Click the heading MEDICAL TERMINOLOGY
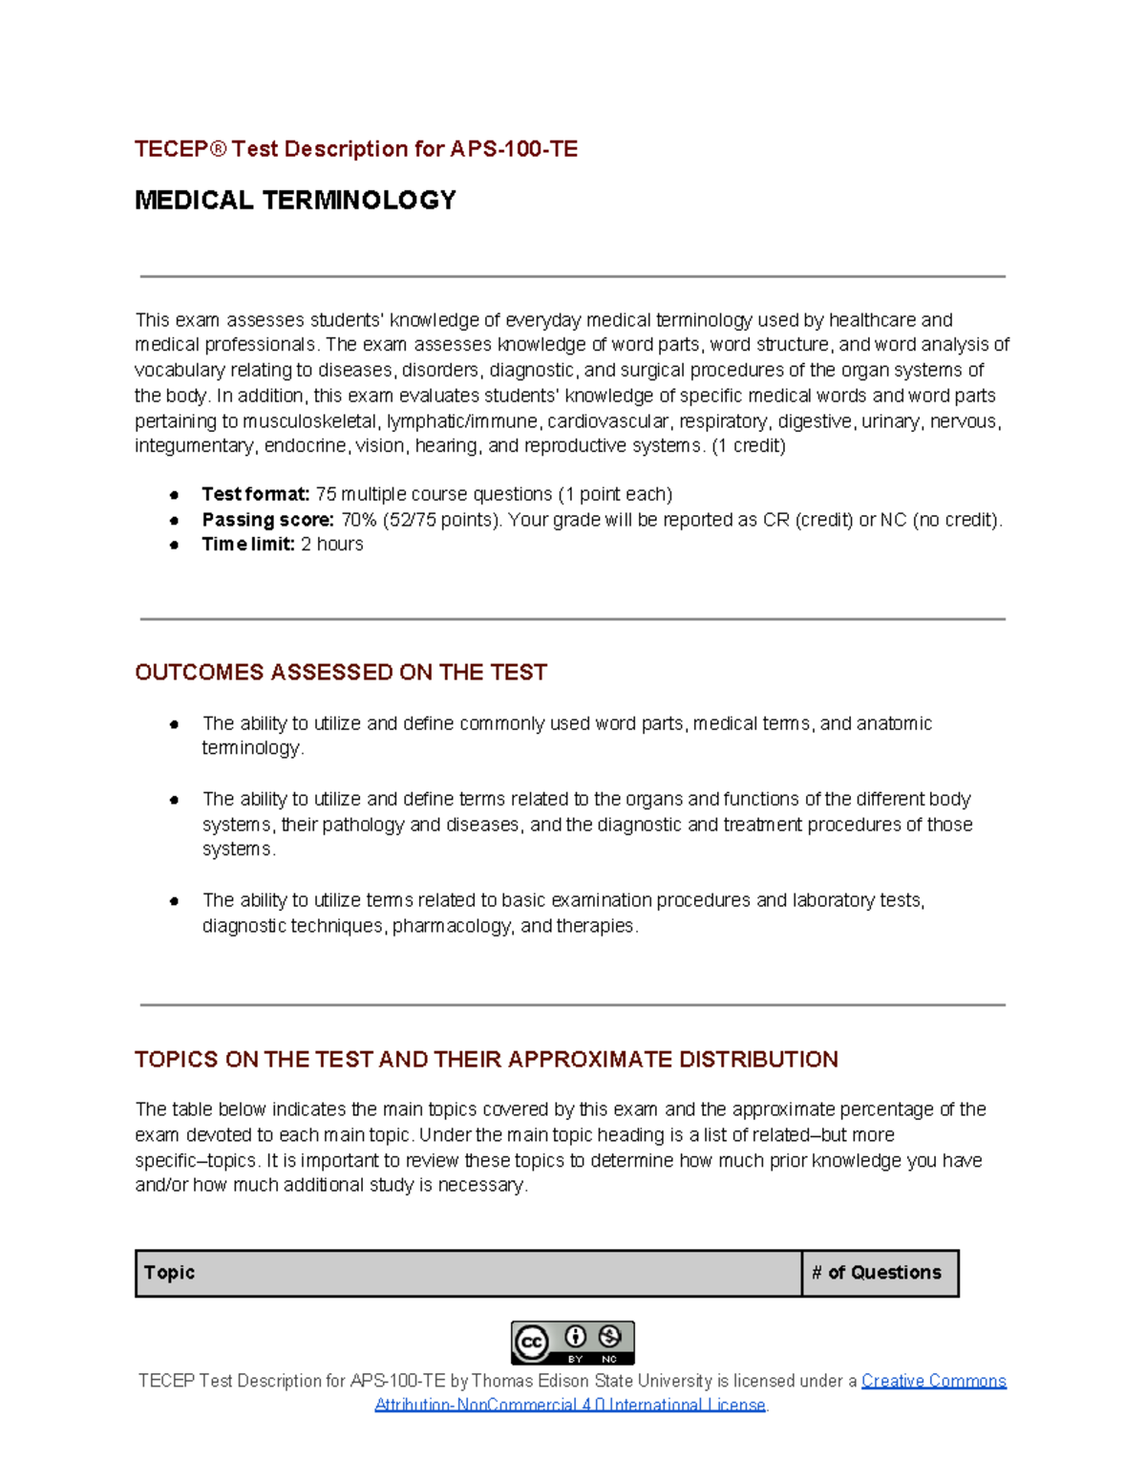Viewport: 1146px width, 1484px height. pyautogui.click(x=295, y=200)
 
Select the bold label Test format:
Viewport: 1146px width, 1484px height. pyautogui.click(x=255, y=494)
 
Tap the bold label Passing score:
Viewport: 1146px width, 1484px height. pyautogui.click(x=267, y=520)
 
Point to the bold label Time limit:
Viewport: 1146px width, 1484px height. pyautogui.click(x=248, y=545)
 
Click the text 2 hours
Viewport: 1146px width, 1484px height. pyautogui.click(x=332, y=545)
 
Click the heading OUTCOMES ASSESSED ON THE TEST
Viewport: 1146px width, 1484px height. pyautogui.click(x=341, y=673)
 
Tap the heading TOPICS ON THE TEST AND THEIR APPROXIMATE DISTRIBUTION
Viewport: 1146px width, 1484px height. pyautogui.click(x=486, y=1060)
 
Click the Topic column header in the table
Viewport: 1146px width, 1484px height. pyautogui.click(x=169, y=1273)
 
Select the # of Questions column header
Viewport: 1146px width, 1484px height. pyautogui.click(x=877, y=1273)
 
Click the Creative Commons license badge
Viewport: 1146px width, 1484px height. pyautogui.click(x=572, y=1343)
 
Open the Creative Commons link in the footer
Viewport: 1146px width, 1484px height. pyautogui.click(x=933, y=1381)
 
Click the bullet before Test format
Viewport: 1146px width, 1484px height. pyautogui.click(x=174, y=495)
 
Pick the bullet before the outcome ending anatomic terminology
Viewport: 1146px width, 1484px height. pyautogui.click(x=174, y=724)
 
